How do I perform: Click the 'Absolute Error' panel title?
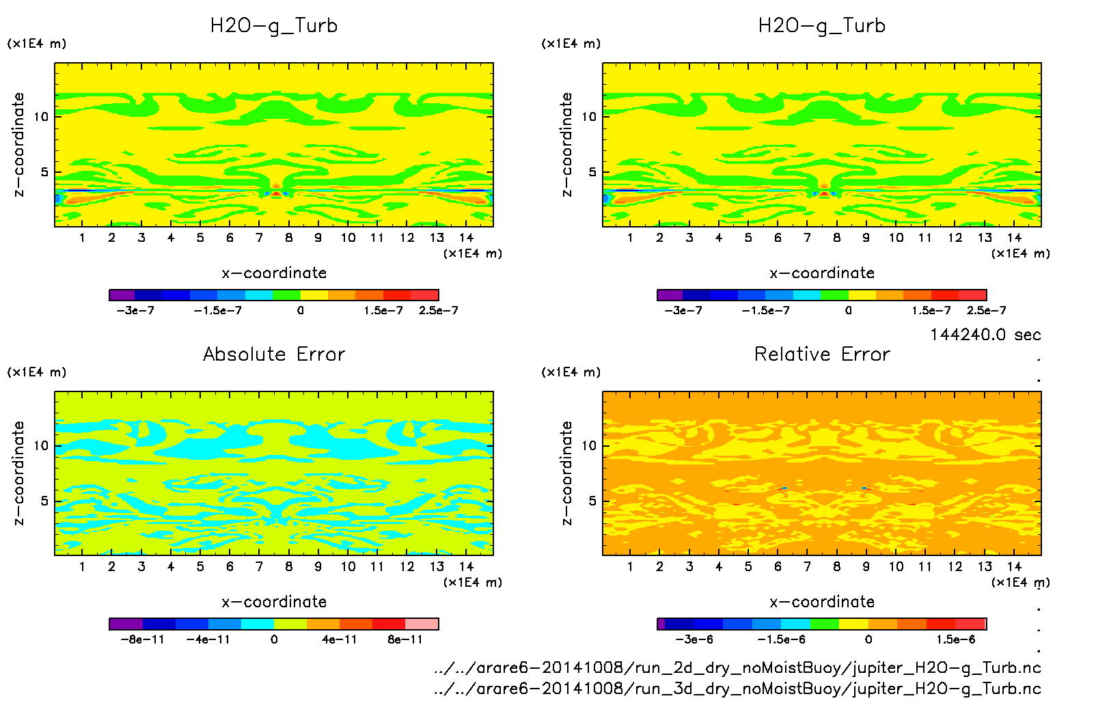pyautogui.click(x=274, y=354)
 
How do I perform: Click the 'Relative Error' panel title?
pyautogui.click(x=822, y=354)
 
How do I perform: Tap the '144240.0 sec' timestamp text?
pyautogui.click(x=985, y=335)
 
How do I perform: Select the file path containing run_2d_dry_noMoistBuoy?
pyautogui.click(x=737, y=667)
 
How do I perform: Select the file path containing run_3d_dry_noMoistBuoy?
pyautogui.click(x=737, y=689)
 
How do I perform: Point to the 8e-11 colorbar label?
pyautogui.click(x=405, y=639)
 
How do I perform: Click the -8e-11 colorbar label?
pyautogui.click(x=142, y=639)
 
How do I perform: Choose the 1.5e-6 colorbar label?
pyautogui.click(x=955, y=639)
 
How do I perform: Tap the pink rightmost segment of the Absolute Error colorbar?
pyautogui.click(x=422, y=624)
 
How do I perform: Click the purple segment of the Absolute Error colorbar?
pyautogui.click(x=126, y=624)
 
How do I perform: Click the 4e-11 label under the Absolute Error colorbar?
pyautogui.click(x=340, y=639)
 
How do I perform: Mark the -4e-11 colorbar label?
pyautogui.click(x=208, y=639)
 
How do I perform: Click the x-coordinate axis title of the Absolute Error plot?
pyautogui.click(x=274, y=602)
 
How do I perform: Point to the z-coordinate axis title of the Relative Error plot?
pyautogui.click(x=566, y=473)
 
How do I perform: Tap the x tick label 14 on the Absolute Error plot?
pyautogui.click(x=466, y=566)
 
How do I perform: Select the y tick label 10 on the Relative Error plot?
pyautogui.click(x=589, y=445)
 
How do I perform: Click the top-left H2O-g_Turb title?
pyautogui.click(x=274, y=26)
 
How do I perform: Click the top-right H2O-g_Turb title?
pyautogui.click(x=822, y=26)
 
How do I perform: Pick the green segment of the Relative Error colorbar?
pyautogui.click(x=824, y=624)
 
